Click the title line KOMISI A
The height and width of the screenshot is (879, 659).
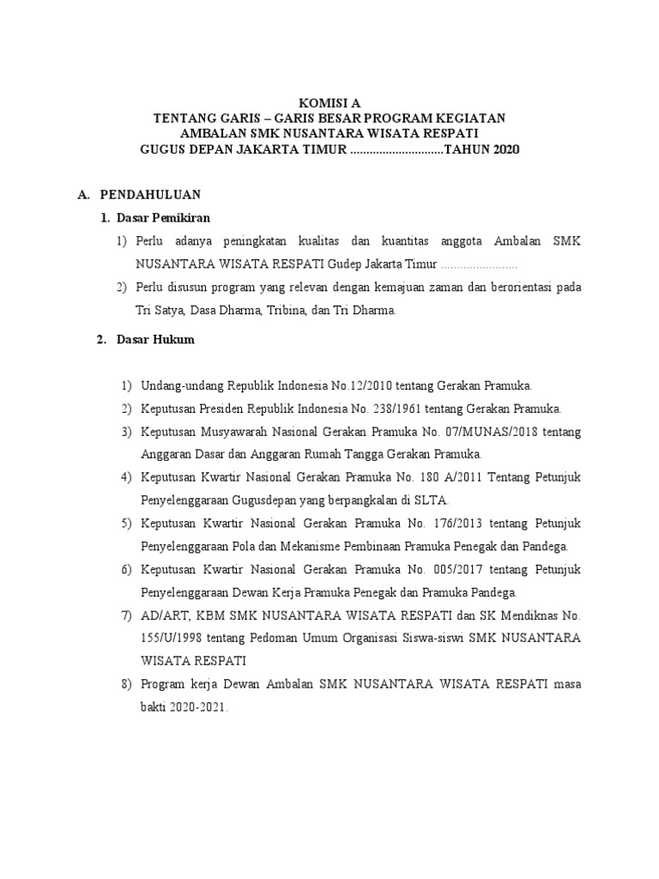point(330,102)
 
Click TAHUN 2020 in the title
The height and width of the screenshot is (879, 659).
point(482,150)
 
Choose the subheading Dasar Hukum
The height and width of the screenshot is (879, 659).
point(155,339)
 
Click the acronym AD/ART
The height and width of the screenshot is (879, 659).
point(161,615)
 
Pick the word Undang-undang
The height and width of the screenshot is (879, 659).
point(178,385)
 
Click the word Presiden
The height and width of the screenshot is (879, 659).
point(226,408)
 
